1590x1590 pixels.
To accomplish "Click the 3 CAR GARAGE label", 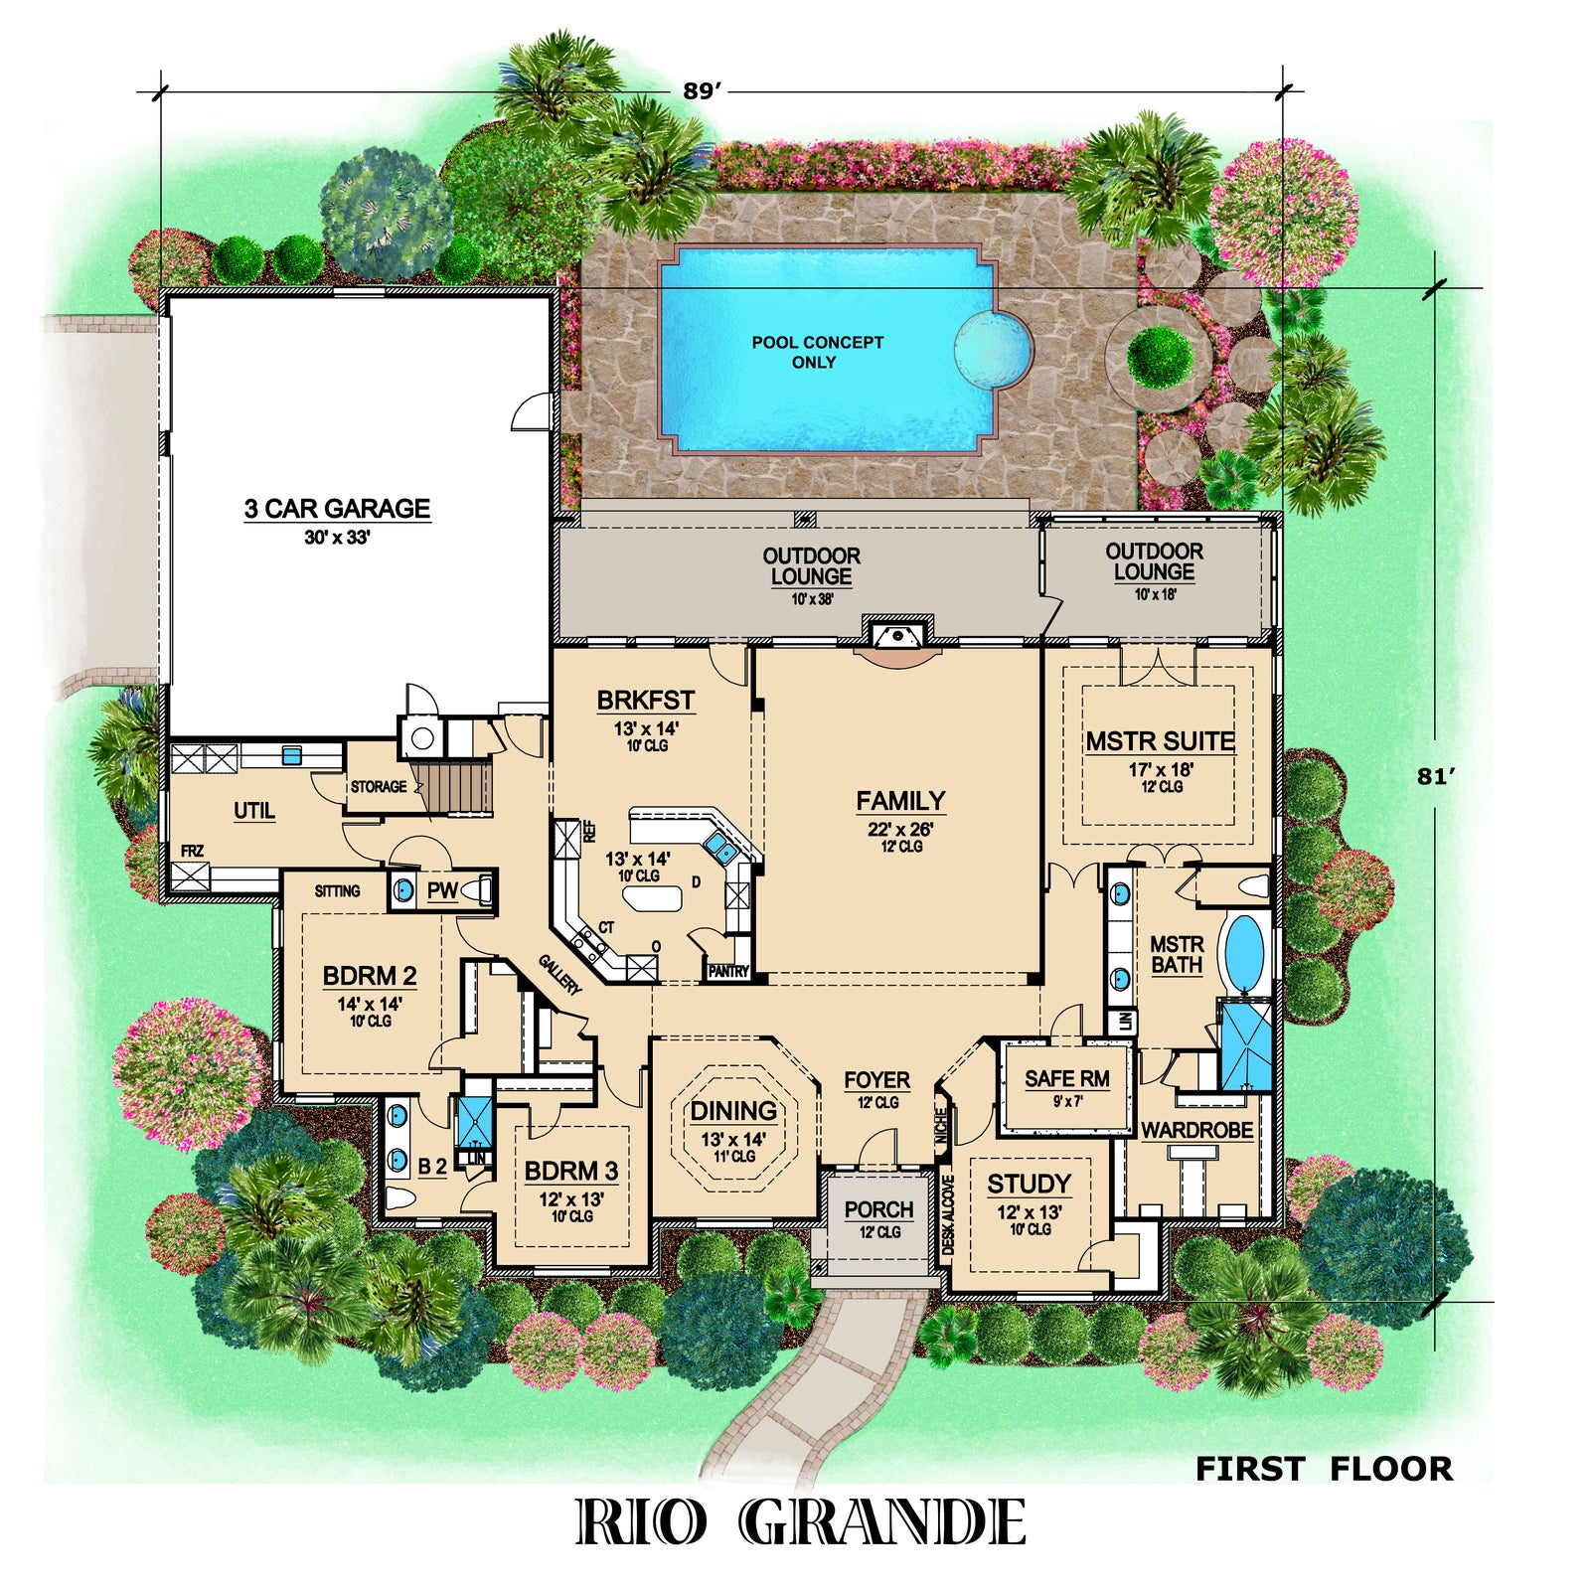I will [x=337, y=509].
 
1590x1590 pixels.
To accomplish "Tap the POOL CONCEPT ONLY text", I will [x=817, y=352].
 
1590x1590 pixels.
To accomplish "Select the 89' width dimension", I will [x=701, y=91].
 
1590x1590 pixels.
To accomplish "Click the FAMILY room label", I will [x=900, y=801].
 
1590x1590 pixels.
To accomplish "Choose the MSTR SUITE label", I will [x=1160, y=741].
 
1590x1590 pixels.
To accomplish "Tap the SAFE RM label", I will [x=1067, y=1078].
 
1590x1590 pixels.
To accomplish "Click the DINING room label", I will [x=733, y=1111].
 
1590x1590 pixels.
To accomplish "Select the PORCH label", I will [x=878, y=1209].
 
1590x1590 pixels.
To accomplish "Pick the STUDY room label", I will [x=1029, y=1184].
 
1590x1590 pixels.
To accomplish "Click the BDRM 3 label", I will [x=570, y=1171].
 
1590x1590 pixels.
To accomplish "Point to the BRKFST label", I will [x=645, y=701].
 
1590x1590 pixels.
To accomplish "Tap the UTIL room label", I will [x=254, y=811].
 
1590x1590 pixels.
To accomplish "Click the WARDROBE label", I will [x=1196, y=1130].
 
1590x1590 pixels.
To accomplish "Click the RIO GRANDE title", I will [x=801, y=1522].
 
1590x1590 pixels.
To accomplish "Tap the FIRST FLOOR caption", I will [x=1323, y=1469].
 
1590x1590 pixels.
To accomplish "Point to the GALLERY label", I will [x=559, y=974].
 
